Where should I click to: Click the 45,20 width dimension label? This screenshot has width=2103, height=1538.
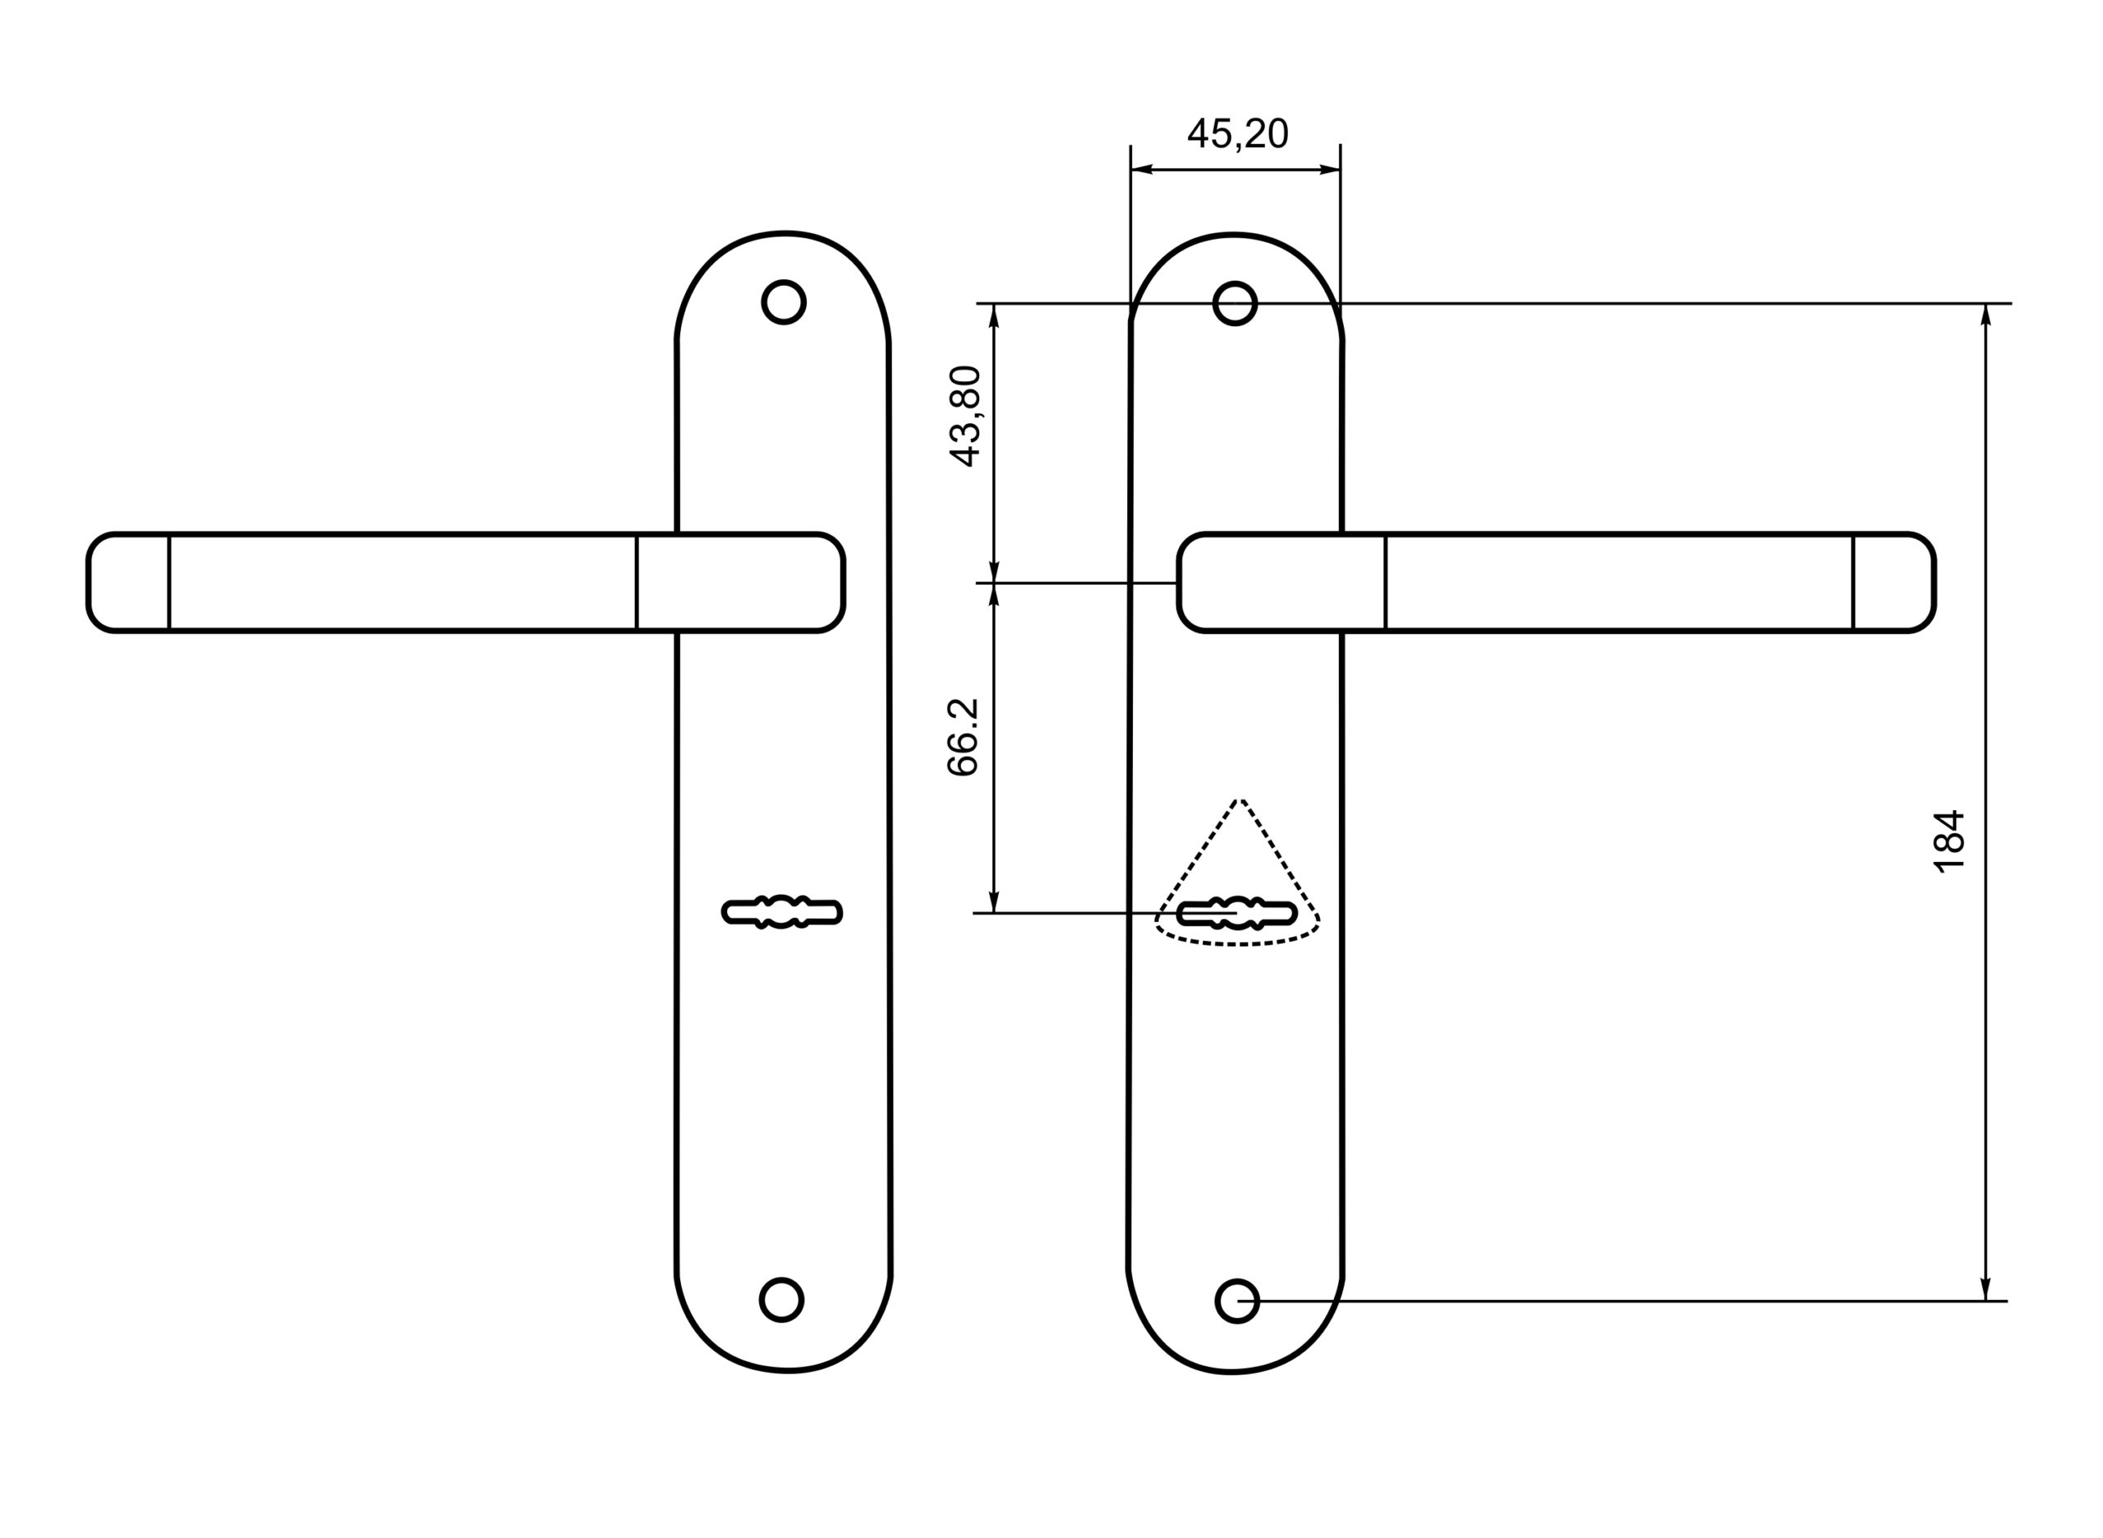(1237, 134)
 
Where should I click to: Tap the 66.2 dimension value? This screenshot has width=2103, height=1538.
(964, 737)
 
